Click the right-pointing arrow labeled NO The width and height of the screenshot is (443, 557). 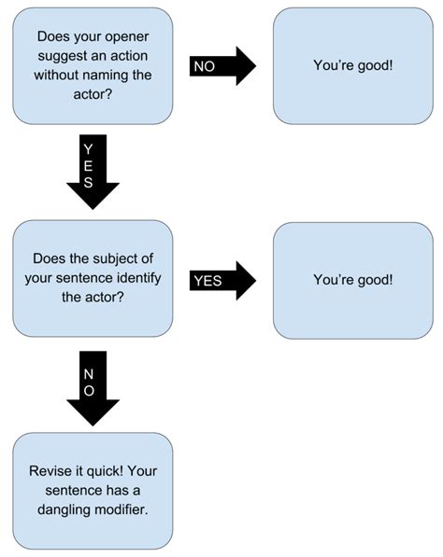[222, 66]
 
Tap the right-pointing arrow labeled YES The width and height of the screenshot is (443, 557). [222, 280]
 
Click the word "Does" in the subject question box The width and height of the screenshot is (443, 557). [49, 259]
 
